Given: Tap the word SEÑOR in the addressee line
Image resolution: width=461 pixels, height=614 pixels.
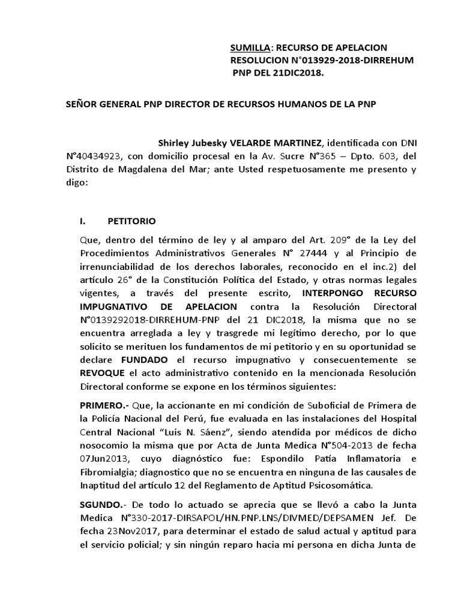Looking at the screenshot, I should point(81,103).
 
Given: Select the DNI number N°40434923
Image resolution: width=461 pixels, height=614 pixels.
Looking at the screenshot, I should point(94,156).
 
